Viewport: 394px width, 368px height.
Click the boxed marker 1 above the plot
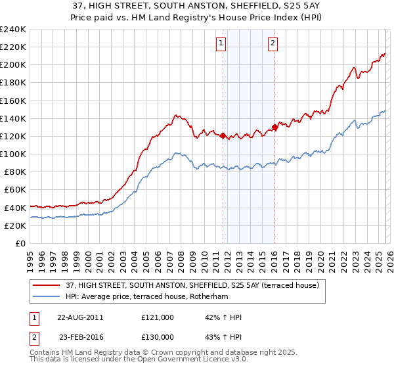[x=220, y=44]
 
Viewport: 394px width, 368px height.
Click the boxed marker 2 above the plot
[x=272, y=44]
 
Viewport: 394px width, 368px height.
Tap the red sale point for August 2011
[x=223, y=135]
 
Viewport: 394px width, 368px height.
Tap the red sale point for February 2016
[x=274, y=127]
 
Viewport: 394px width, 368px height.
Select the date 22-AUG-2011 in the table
[x=80, y=317]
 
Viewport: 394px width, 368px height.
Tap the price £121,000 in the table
[x=158, y=317]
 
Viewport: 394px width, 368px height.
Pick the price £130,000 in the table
[x=158, y=337]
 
